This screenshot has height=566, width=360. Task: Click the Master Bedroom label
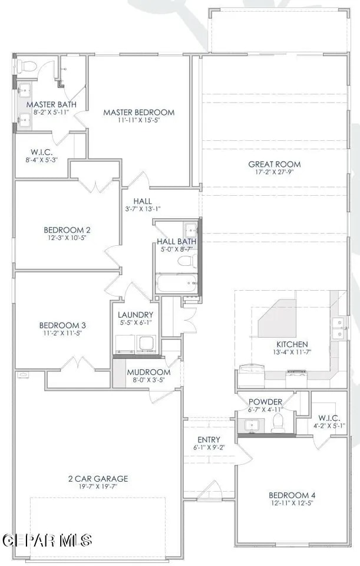pos(139,112)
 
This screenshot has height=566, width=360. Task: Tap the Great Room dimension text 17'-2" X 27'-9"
pos(275,172)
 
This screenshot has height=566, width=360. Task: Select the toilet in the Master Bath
pos(27,67)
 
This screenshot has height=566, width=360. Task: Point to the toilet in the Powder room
pos(278,423)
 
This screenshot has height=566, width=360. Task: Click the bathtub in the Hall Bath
pos(177,283)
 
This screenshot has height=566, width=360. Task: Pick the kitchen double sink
pos(339,328)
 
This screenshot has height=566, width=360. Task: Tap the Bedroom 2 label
pos(67,230)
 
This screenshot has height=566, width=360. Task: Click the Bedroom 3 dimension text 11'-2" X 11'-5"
pos(63,333)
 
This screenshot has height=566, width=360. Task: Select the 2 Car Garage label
pos(98,479)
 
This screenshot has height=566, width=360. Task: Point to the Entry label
pos(209,440)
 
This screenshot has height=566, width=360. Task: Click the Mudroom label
pos(148,372)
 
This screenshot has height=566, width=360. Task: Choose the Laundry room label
pos(136,315)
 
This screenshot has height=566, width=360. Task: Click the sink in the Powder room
pos(252,425)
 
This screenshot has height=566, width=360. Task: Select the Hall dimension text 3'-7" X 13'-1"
pos(143,209)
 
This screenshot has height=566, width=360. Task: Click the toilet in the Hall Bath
pos(187,261)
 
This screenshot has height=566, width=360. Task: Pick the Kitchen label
pos(292,344)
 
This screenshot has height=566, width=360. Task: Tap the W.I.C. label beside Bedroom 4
pos(329,418)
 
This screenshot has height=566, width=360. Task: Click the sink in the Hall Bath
pos(190,229)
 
